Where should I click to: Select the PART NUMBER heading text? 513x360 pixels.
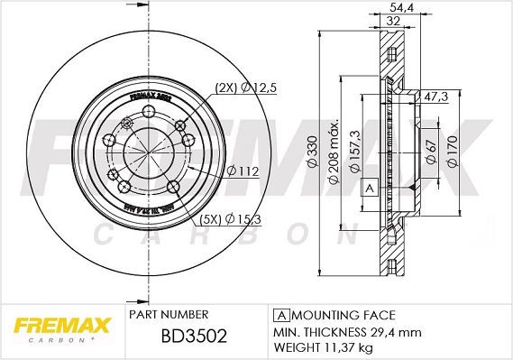tap(169, 314)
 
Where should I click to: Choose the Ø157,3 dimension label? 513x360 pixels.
tap(355, 151)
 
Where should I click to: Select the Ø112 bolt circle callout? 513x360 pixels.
tap(243, 171)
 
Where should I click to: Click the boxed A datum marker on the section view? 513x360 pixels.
tap(368, 188)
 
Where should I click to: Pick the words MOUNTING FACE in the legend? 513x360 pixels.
tap(343, 315)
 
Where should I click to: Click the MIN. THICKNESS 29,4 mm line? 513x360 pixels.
tap(346, 331)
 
